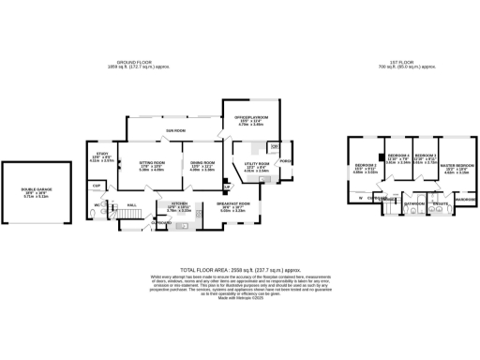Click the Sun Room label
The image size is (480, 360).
tap(175, 130)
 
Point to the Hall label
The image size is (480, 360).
tap(132, 203)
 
